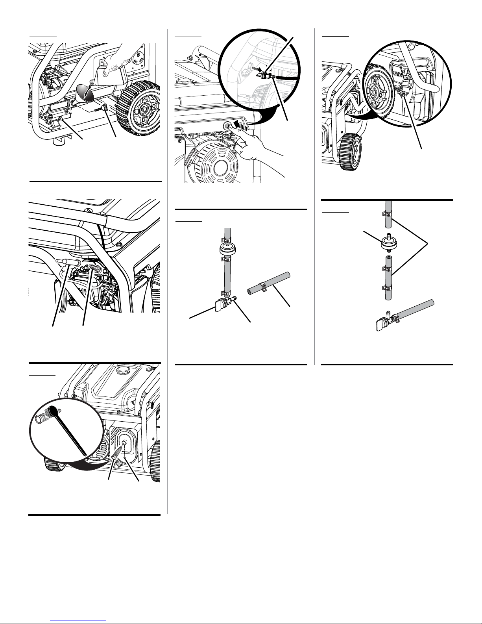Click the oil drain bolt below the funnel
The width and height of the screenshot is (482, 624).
tap(61, 119)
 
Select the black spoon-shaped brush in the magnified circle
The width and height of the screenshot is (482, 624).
tap(66, 430)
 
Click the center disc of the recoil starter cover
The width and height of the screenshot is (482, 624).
tap(220, 168)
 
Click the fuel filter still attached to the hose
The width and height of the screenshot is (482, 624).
tap(227, 249)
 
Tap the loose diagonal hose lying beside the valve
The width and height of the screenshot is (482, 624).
tap(269, 283)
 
